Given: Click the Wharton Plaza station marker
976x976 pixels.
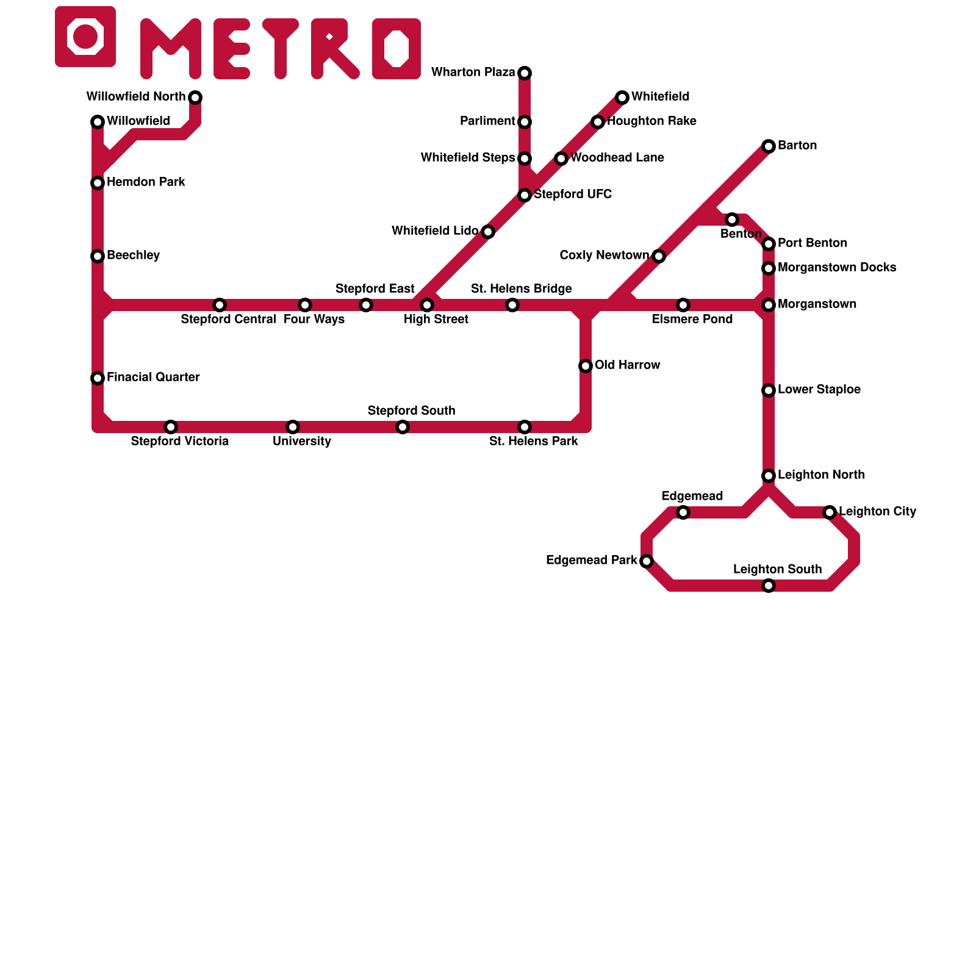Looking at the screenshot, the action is coord(525,73).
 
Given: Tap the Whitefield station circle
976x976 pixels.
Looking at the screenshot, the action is coord(622,98).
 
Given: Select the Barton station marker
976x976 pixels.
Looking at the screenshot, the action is coord(769,146).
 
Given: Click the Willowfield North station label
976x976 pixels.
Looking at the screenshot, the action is coord(135,97).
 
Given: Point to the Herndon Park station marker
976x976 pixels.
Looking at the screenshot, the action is coord(98,183).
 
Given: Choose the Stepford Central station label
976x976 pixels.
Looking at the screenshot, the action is coord(228,320).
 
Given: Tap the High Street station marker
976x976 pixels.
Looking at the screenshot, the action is coord(427,305).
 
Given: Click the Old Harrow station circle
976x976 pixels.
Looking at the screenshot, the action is coord(586,366).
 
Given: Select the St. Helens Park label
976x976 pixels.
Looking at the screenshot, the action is coord(533,442).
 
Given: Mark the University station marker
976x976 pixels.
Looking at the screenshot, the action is coord(293,427).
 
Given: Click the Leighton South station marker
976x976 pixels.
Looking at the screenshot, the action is coord(769,586).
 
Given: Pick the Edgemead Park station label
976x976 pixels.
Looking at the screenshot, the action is coord(591,561).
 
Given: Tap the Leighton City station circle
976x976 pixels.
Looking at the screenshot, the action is coord(830,512).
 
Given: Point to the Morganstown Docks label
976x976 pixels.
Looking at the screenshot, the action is coord(837,268).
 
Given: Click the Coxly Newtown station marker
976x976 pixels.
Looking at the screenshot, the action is coord(659,256).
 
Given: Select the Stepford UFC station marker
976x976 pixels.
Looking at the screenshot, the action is coord(525,195).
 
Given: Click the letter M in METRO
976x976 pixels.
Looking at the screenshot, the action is coord(171,49).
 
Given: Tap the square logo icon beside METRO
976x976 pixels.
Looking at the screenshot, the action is coord(85,37).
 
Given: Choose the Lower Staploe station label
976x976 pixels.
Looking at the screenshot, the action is coord(819,390).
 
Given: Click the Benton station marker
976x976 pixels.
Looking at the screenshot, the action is coord(732,220).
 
